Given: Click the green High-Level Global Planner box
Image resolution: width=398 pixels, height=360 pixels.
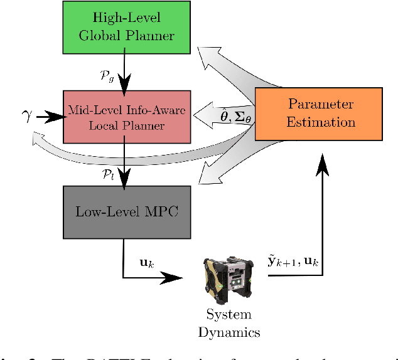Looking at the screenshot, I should (x=126, y=26).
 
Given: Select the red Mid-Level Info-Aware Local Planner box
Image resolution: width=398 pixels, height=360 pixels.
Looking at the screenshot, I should (x=126, y=117).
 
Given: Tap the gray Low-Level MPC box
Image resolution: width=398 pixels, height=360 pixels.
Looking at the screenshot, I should (x=126, y=212).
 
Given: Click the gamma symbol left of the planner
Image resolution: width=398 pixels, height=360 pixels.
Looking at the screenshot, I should (x=26, y=117).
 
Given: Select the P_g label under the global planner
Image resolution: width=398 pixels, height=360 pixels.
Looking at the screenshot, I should (x=108, y=76).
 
